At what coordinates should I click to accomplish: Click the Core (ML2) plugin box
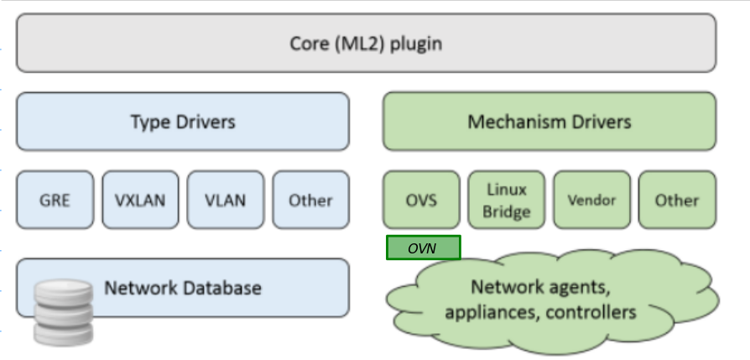coord(366,43)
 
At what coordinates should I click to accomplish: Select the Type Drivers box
coord(182,122)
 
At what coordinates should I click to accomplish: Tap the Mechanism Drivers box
coord(549,122)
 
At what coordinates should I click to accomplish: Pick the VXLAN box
coord(140,201)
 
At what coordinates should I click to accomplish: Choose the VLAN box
coord(225,201)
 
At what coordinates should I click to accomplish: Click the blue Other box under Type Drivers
coord(310,201)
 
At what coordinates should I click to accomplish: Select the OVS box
coord(421,201)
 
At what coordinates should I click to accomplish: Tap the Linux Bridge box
coord(506,201)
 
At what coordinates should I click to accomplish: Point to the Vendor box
coord(591,201)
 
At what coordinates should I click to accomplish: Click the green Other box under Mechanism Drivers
coord(677,201)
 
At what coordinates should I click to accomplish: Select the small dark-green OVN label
coord(423,248)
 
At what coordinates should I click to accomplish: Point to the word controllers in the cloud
coord(593,313)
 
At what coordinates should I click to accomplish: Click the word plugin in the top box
coord(414,44)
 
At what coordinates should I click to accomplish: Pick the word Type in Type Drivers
coord(148,123)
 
